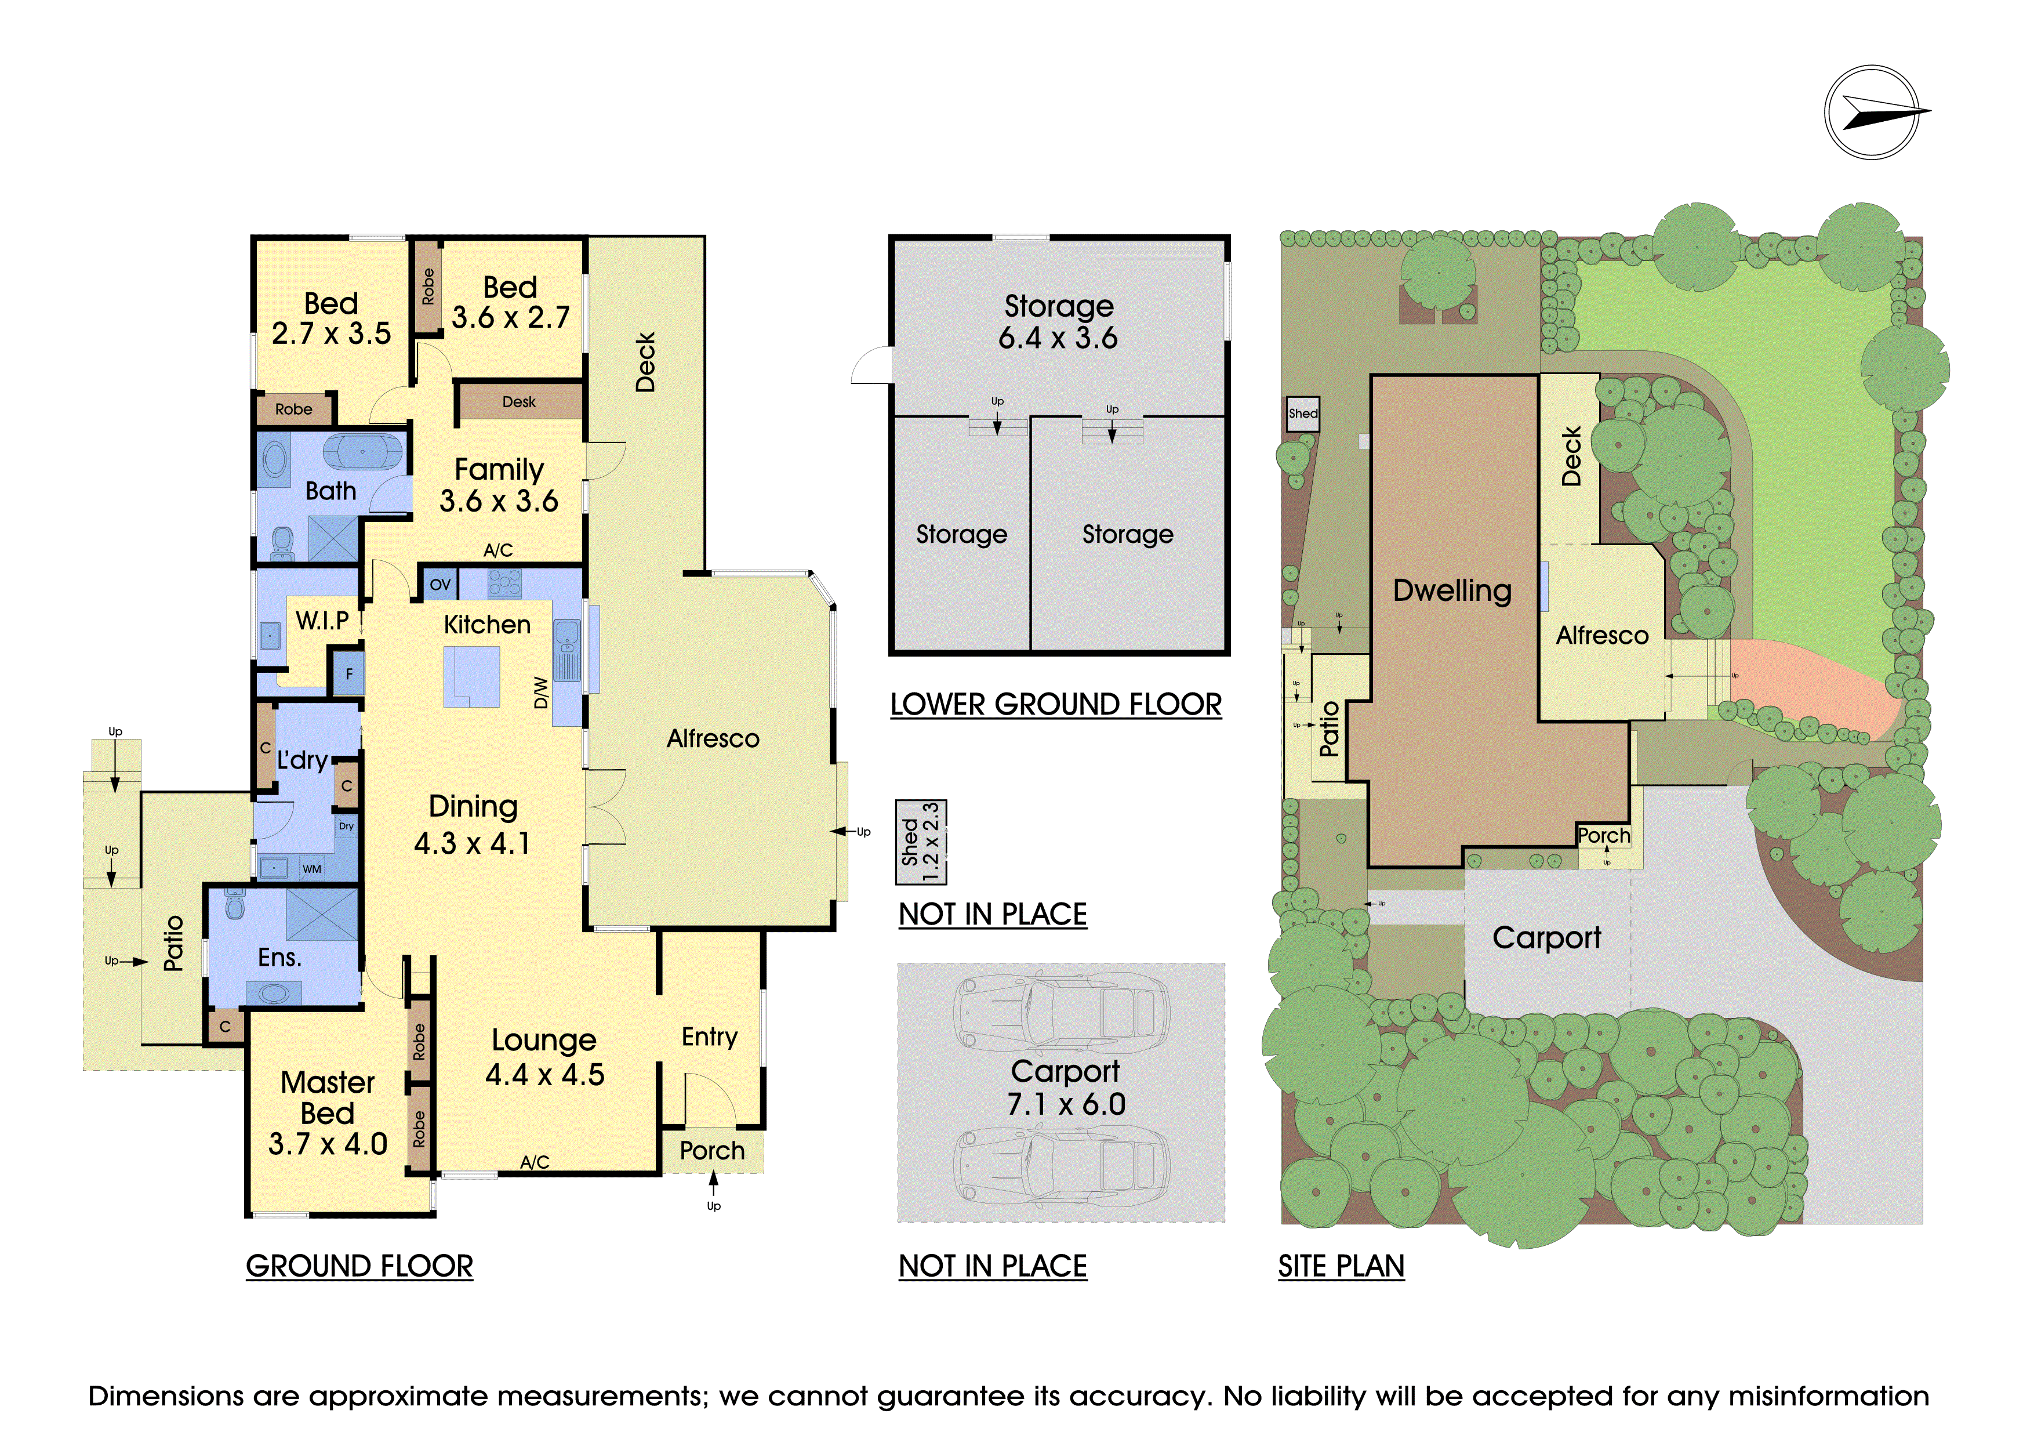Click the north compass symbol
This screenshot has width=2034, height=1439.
(1872, 113)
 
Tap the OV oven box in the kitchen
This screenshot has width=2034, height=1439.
(440, 585)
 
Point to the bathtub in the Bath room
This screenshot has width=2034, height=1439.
(362, 452)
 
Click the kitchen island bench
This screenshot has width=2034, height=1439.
(472, 677)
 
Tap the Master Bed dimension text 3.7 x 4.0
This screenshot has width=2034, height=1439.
(328, 1144)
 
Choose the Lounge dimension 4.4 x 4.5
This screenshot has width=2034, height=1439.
(545, 1075)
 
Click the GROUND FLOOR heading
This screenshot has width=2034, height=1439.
(359, 1266)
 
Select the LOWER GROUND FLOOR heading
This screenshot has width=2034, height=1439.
(1056, 705)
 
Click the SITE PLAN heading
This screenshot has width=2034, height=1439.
(1341, 1266)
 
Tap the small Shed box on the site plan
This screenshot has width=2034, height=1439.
(1303, 414)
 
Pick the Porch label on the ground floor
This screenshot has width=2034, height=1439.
(712, 1150)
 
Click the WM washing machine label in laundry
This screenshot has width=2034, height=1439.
(312, 869)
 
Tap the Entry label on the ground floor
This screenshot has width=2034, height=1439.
(710, 1036)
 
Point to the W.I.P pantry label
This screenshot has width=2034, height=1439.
(322, 620)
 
